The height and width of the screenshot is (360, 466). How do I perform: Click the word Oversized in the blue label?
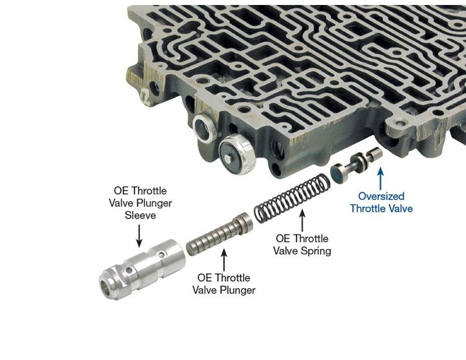click(x=381, y=196)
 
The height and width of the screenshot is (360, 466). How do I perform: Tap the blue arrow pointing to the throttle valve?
click(x=380, y=179)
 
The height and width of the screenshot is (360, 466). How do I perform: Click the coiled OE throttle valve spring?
click(x=292, y=197)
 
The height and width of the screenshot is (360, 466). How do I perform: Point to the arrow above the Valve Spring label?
click(x=302, y=220)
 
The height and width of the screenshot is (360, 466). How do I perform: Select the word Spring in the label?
click(x=316, y=251)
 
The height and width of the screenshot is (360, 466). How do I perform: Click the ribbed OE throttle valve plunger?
click(x=219, y=235)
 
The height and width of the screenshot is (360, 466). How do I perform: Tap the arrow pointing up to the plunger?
click(x=224, y=260)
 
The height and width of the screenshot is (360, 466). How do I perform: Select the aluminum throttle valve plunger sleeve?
click(x=142, y=269)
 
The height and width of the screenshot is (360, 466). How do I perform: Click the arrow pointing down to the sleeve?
click(x=139, y=236)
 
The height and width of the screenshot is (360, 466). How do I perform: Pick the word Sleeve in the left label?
click(x=140, y=215)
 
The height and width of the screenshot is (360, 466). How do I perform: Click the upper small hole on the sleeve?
click(x=161, y=254)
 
